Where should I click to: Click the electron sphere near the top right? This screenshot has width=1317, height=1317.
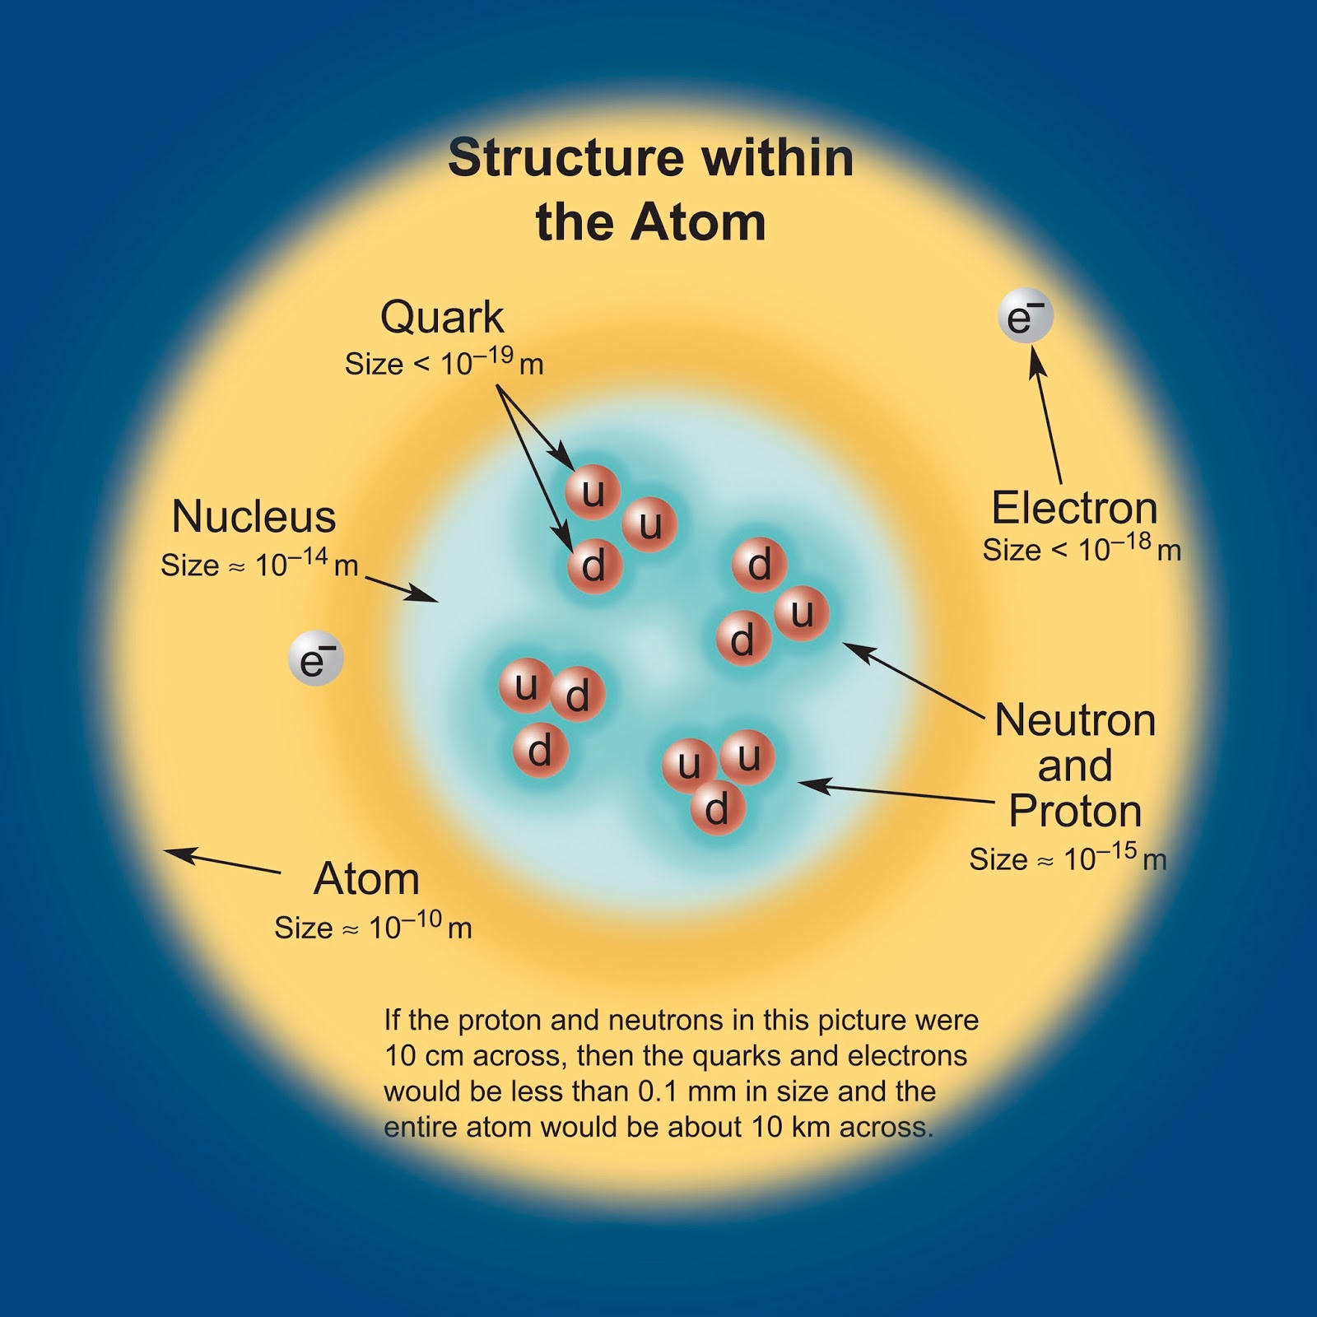(x=1026, y=318)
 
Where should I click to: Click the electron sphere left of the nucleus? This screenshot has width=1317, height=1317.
(x=315, y=658)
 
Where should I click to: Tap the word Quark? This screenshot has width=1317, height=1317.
(x=442, y=318)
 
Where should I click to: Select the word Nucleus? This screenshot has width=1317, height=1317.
(x=254, y=518)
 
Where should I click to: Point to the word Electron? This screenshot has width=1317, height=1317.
(x=1074, y=508)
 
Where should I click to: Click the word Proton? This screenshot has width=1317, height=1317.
(x=1075, y=812)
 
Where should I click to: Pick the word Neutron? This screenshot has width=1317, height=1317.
(x=1075, y=721)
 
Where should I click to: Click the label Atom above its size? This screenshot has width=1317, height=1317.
(x=367, y=879)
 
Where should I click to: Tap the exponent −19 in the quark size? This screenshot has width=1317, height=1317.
(x=492, y=356)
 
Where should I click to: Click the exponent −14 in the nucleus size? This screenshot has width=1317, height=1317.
(x=307, y=556)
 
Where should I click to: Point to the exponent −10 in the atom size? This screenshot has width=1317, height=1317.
(x=421, y=919)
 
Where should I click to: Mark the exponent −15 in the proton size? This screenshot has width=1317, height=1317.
(x=1116, y=850)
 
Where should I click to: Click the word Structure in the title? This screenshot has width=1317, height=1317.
(x=566, y=157)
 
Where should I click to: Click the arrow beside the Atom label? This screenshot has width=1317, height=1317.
(x=222, y=861)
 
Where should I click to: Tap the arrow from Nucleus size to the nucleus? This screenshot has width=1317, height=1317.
(x=402, y=589)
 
